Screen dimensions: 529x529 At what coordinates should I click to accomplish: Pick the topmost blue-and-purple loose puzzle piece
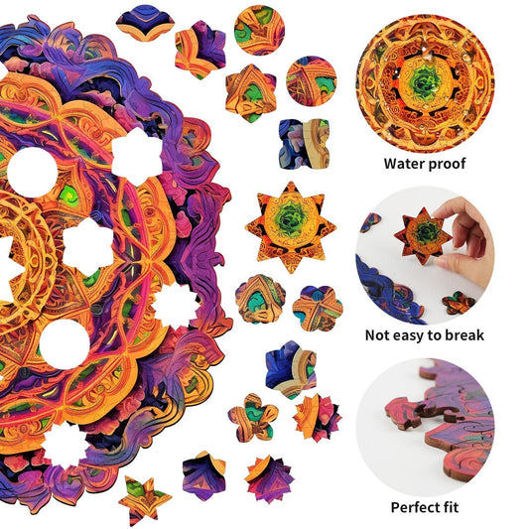144,24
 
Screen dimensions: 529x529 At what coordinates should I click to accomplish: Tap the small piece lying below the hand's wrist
458,302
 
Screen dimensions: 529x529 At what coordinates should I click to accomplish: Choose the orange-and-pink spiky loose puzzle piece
318,417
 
